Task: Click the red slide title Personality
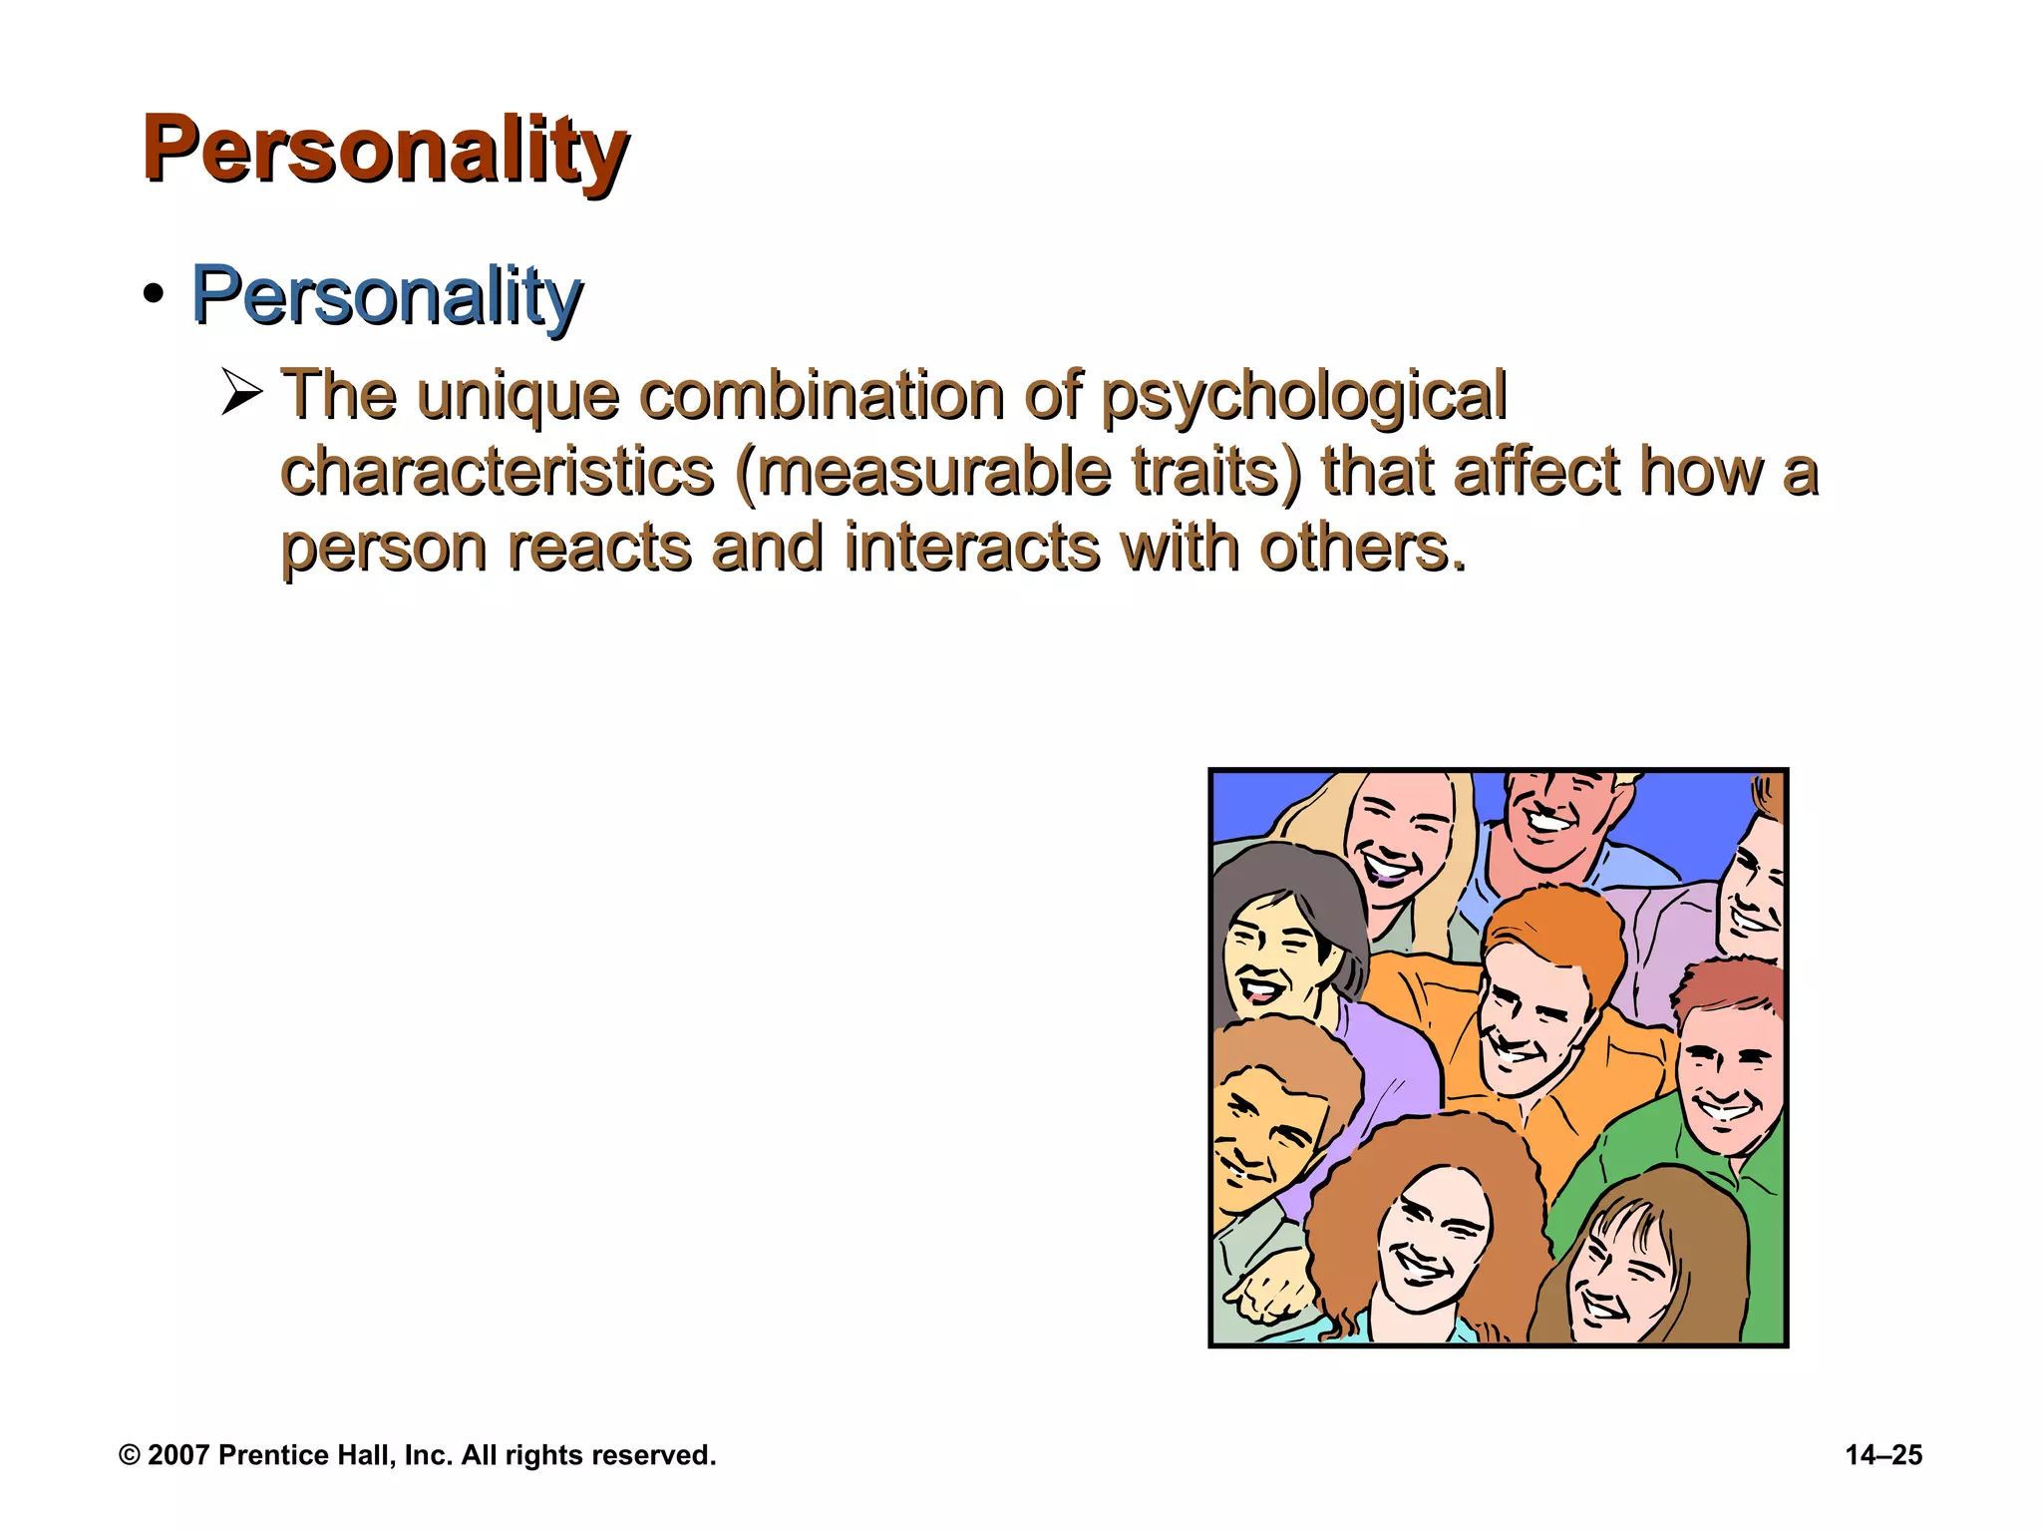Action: [385, 149]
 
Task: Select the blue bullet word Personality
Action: [386, 296]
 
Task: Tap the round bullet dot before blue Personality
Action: [153, 295]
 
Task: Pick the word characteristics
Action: [497, 471]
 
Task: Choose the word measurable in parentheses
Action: [933, 471]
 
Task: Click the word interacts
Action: [971, 548]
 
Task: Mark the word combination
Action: [821, 395]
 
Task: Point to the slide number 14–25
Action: [1883, 1455]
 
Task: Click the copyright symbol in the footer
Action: [129, 1455]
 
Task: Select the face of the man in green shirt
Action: [1727, 1082]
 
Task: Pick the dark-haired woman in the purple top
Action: [1271, 957]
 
